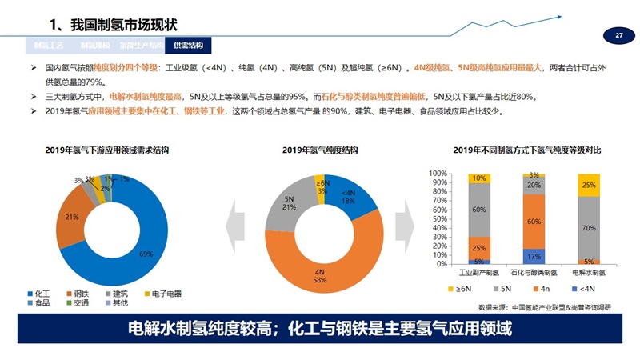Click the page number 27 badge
(x=619, y=36)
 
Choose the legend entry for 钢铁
(x=78, y=294)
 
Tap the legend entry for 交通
(x=78, y=303)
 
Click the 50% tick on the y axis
(x=438, y=218)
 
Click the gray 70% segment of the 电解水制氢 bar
(x=588, y=228)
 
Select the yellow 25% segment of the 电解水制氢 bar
(x=588, y=185)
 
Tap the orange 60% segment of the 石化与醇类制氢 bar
(x=534, y=222)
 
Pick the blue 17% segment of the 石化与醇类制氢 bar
(x=534, y=256)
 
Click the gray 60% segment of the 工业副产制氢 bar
(x=479, y=210)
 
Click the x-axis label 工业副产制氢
(x=479, y=272)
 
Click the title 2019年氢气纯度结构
(x=320, y=150)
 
